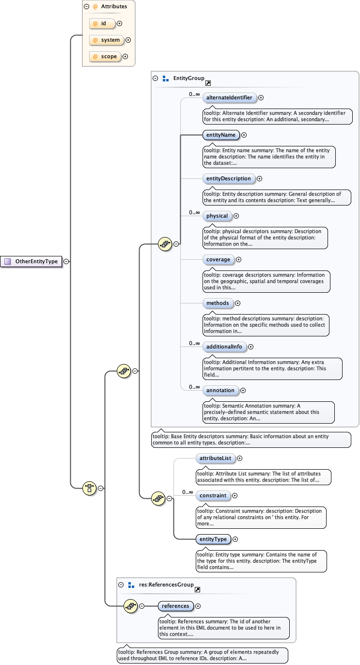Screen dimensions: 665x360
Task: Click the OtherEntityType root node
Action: [32, 261]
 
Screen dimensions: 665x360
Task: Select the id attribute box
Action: [102, 23]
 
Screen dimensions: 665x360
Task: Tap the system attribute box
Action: [107, 40]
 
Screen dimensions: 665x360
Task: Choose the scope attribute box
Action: [105, 57]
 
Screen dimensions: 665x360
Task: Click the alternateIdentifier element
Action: [229, 97]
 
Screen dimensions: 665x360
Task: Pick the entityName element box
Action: [221, 135]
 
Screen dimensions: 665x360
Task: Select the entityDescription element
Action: [229, 178]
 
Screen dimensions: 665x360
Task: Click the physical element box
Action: [217, 216]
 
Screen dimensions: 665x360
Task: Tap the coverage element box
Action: [218, 260]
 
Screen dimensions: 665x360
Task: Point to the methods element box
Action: [218, 303]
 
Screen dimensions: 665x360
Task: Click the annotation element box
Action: [220, 390]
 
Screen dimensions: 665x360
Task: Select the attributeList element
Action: [215, 458]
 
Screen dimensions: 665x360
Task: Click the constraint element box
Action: [213, 495]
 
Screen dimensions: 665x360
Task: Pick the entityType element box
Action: [213, 539]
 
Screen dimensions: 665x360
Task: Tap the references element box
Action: [175, 606]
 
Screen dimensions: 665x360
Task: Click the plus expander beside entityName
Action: [244, 136]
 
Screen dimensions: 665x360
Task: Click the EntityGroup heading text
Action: [188, 78]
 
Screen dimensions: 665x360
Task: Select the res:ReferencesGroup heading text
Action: [166, 585]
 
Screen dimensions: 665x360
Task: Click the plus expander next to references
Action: [198, 606]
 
